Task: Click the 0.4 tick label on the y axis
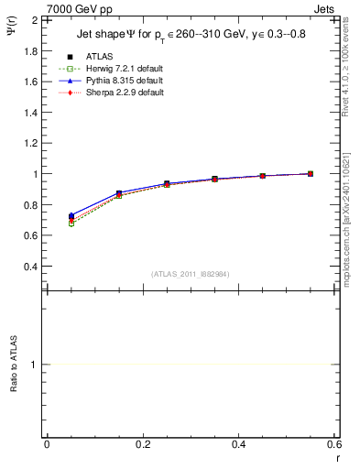coord(31,267)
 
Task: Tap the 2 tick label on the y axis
coord(35,19)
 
